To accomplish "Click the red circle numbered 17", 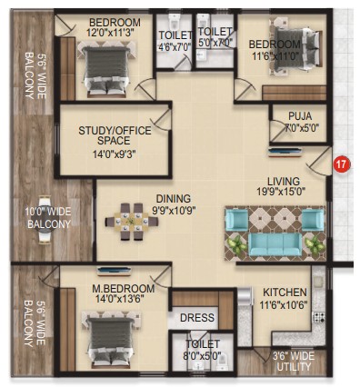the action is coord(342,164).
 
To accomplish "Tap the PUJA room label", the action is coord(300,115).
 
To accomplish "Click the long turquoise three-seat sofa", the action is coord(275,244).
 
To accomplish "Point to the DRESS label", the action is coord(197,318).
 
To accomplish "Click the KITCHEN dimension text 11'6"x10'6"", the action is coord(284,304).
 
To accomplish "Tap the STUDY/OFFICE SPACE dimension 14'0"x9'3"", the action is coord(114,154).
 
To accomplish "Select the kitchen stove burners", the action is coord(319,318).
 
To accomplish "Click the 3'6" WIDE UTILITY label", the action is coord(294,362).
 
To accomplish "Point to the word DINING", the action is coord(174,199).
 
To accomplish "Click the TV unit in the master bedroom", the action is coord(115,271).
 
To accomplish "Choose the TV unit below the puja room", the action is coord(285,152).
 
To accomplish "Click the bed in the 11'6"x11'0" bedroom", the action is coord(296,49).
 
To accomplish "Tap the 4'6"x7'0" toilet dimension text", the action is coord(175,47).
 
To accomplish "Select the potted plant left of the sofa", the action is coord(236,244).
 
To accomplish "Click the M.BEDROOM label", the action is coord(124,288).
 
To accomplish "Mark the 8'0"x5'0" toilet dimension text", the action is coord(203,354).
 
